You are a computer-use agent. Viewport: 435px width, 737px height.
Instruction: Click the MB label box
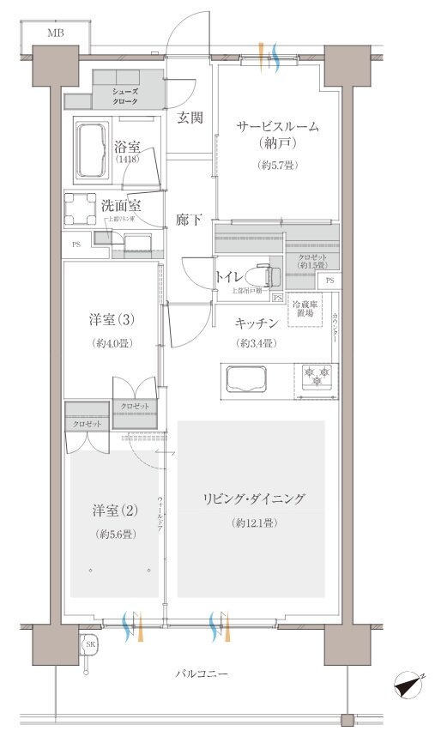coord(56,34)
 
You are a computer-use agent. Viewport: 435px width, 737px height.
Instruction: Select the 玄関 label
coord(190,118)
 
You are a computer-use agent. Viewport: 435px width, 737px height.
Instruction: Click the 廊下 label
coord(190,220)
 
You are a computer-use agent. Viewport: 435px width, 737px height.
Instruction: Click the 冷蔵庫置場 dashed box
coord(305,311)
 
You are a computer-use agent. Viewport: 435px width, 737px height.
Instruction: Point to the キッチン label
coord(257,323)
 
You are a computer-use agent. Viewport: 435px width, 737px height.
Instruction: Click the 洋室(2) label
coord(115,511)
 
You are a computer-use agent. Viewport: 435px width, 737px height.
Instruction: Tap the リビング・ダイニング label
coord(254,498)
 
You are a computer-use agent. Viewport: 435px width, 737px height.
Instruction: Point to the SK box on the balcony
coord(89,643)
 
